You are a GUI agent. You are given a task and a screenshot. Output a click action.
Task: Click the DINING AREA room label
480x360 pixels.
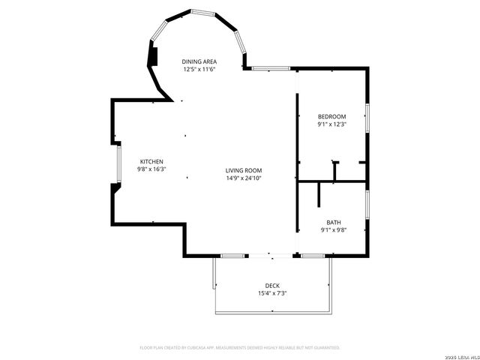(x=199, y=61)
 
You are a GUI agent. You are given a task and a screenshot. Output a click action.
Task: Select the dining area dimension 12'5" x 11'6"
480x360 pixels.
(x=199, y=69)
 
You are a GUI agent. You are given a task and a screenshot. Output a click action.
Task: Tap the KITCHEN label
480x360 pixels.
(x=151, y=162)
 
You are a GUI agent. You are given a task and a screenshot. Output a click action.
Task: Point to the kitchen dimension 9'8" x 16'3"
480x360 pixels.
(x=151, y=169)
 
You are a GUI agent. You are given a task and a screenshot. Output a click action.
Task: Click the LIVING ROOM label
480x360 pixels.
(x=244, y=170)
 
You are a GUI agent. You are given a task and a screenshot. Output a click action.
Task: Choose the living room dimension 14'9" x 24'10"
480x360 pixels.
(x=244, y=178)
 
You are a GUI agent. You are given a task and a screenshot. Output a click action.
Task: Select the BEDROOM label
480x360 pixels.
(x=331, y=116)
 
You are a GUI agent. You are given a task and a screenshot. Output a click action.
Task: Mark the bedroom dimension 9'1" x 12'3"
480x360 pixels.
(x=331, y=124)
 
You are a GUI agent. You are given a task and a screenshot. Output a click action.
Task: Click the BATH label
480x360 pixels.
(x=333, y=223)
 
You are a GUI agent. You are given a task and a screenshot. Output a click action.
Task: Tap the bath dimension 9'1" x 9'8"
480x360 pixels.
(x=333, y=231)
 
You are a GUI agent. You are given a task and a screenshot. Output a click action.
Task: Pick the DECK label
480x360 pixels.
(x=271, y=285)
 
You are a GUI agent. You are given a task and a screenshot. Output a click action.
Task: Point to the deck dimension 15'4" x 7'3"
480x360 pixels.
(x=271, y=293)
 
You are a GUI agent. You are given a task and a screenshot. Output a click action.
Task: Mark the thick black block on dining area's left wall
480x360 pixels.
(x=152, y=56)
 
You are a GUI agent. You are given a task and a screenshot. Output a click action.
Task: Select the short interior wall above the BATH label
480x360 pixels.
(x=319, y=193)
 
